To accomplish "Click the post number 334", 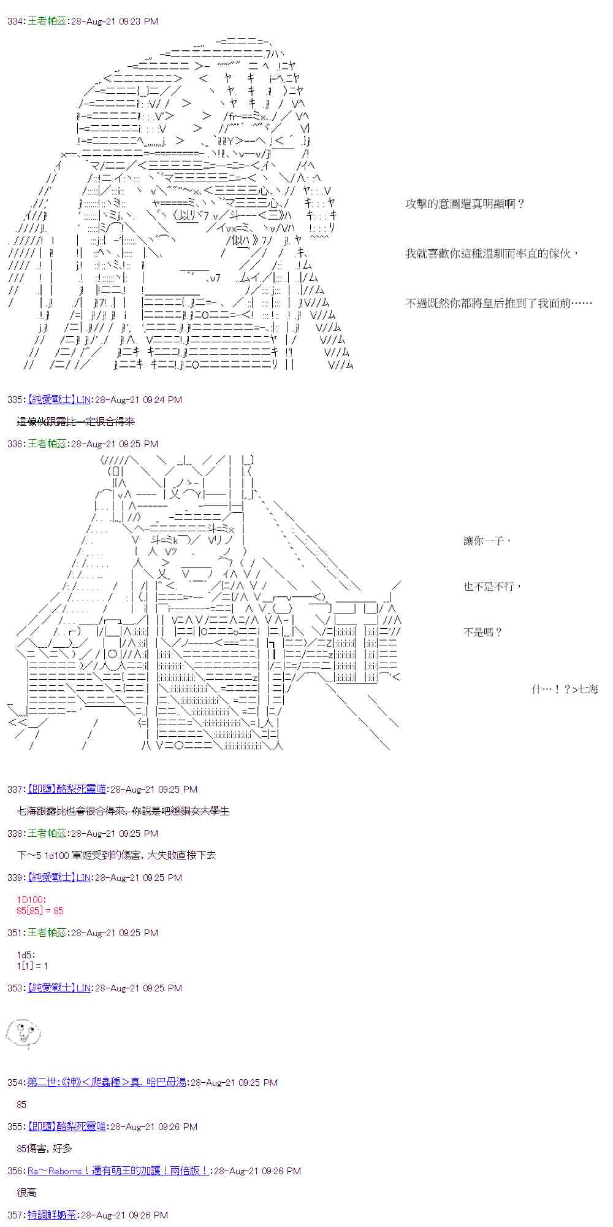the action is coord(15,21).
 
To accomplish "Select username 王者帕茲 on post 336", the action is coord(47,444).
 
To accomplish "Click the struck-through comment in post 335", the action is coord(75,421).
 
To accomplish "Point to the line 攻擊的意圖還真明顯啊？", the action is coord(465,204).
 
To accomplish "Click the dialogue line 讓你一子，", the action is coord(487,540).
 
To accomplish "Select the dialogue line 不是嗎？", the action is coord(483,633).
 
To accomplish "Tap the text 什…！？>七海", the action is coord(565,690).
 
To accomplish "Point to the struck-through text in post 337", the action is coord(123,812).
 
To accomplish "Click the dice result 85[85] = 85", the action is coord(40,911).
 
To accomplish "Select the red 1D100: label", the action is coord(31,900).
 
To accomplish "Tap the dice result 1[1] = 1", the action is coord(32,966).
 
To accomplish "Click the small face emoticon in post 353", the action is coord(23,1033).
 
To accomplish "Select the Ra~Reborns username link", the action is coord(117,1171).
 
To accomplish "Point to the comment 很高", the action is coord(27,1193).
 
